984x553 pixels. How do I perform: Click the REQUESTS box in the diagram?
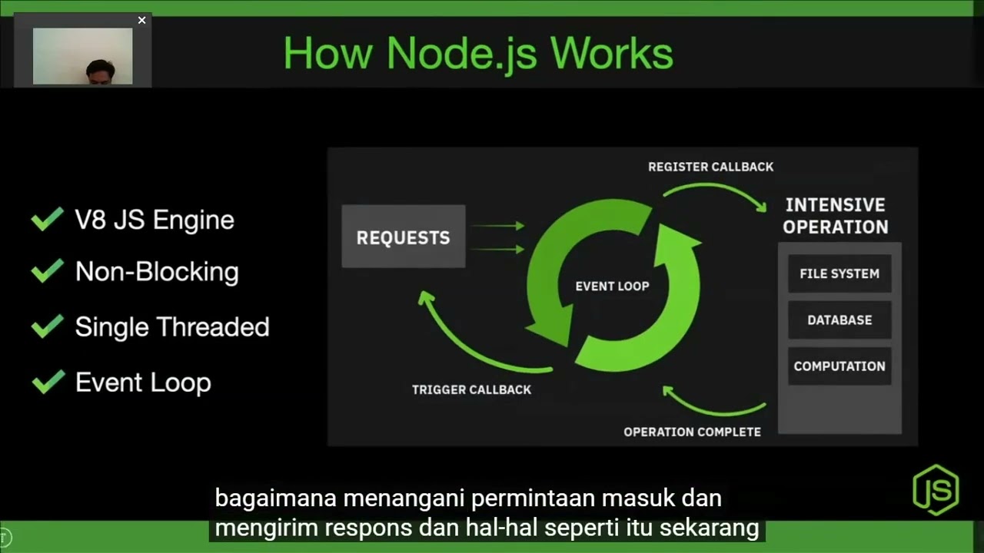[403, 237]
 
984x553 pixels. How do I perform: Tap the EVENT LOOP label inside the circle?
[612, 286]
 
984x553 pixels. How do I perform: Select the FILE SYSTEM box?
[839, 273]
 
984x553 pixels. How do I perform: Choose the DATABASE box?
[839, 320]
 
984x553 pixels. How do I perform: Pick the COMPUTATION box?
[839, 366]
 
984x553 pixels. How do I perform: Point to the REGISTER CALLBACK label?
[710, 167]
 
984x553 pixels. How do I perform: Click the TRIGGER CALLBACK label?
[471, 389]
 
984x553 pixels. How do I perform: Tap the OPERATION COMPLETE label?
[692, 432]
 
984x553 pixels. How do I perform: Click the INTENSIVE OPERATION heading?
[835, 216]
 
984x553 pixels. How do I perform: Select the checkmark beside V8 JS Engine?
[48, 220]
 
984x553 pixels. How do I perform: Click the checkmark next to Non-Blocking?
[48, 271]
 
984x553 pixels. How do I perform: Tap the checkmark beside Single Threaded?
[48, 326]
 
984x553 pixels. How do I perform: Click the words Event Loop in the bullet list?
[143, 382]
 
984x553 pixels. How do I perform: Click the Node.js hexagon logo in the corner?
[936, 489]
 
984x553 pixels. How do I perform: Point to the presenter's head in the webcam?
[100, 71]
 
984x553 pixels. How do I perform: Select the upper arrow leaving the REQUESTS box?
[497, 226]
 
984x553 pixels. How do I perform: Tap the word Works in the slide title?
[611, 54]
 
